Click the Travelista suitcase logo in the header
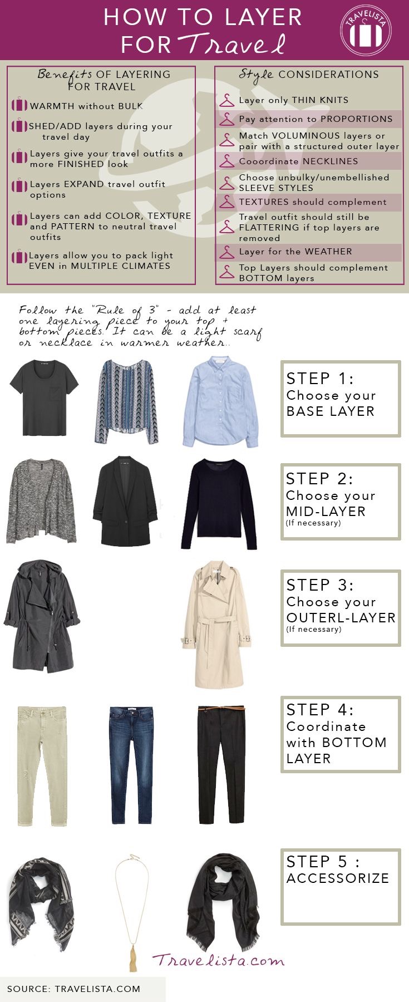click(366, 30)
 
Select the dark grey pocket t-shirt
click(44, 397)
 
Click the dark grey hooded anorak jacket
click(42, 616)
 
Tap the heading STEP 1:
click(320, 379)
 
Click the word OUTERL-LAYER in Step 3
click(341, 617)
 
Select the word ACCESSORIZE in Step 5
click(338, 878)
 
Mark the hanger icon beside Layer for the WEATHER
click(226, 252)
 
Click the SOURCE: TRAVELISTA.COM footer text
click(73, 989)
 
